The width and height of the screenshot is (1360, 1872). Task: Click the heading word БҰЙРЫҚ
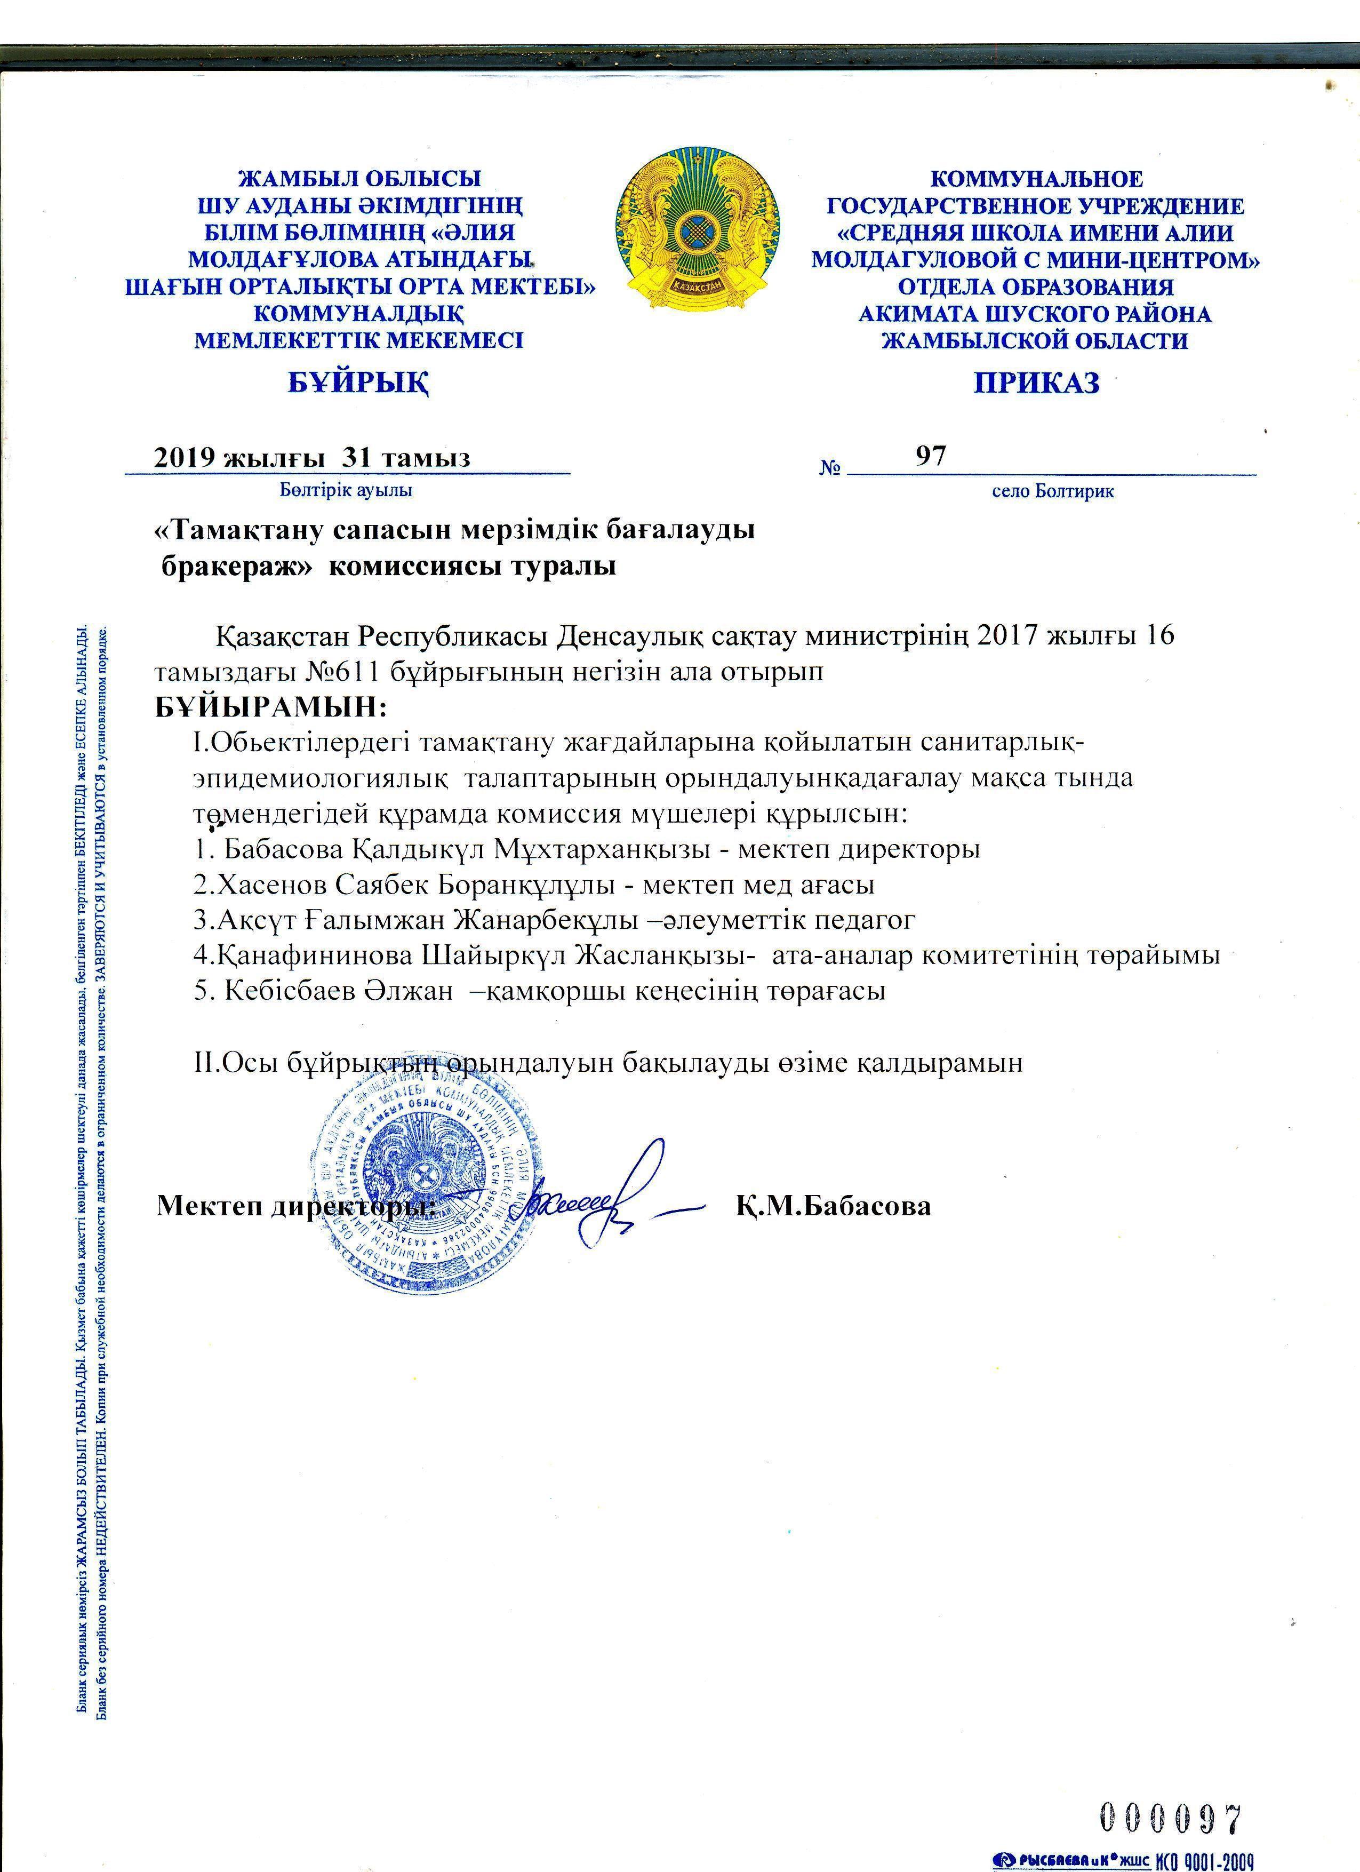(x=358, y=382)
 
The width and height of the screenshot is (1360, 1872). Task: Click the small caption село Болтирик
(x=1052, y=492)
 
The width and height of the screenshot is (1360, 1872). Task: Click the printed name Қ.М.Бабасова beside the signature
(x=834, y=1206)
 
